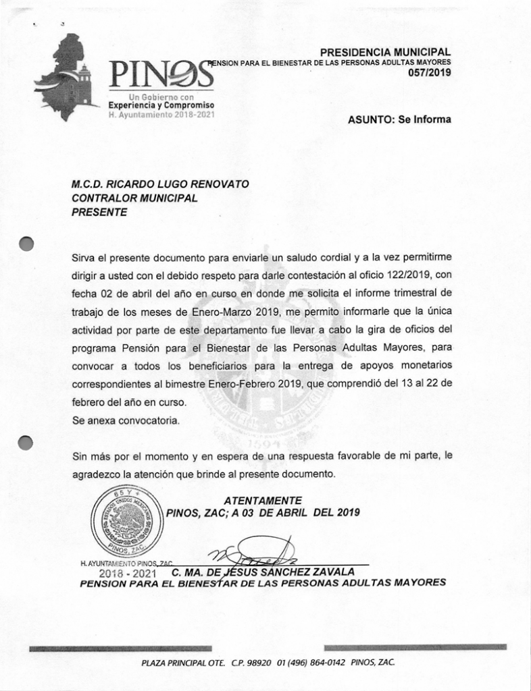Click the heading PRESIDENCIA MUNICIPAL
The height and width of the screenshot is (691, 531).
point(385,52)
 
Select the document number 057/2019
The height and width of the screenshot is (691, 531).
point(430,72)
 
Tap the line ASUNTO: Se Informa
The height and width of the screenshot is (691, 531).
point(399,119)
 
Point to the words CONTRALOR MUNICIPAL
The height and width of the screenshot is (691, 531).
point(134,198)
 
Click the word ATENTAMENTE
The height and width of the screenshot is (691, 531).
point(262,500)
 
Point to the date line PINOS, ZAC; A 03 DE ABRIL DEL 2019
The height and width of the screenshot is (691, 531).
point(263,512)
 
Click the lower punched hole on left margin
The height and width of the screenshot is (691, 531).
point(26,442)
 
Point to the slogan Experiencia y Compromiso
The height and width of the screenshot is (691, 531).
point(161,106)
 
